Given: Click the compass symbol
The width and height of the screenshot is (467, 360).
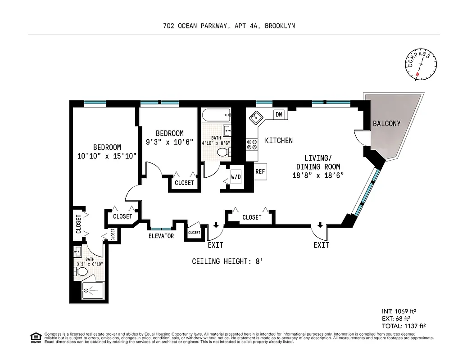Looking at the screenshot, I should point(422,66).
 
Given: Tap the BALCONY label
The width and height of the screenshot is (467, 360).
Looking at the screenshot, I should point(386,123).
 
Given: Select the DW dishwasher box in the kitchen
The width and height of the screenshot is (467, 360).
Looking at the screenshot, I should point(279,114).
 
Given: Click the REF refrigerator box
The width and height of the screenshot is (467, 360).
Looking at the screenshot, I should point(260,171).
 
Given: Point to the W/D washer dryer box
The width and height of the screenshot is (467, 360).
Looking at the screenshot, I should point(236,177).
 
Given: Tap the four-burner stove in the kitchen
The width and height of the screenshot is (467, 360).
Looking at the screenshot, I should point(251,144).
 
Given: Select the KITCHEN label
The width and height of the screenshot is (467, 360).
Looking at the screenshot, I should point(278,140).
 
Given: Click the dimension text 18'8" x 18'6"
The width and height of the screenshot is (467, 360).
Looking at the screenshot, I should point(318,175).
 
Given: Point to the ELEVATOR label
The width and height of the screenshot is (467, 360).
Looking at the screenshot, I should point(161,236).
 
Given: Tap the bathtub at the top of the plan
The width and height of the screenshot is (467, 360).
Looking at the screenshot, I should point(216,115).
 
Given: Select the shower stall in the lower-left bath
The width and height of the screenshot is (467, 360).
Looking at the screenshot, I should point(92,291).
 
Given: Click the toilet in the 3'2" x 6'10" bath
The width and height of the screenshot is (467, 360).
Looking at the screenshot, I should point(82,272).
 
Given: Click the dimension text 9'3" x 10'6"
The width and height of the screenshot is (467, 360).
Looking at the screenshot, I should point(169,142).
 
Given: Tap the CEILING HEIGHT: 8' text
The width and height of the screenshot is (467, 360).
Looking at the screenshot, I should point(227,261).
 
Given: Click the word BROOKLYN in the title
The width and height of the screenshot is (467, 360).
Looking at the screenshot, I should point(280,26).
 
